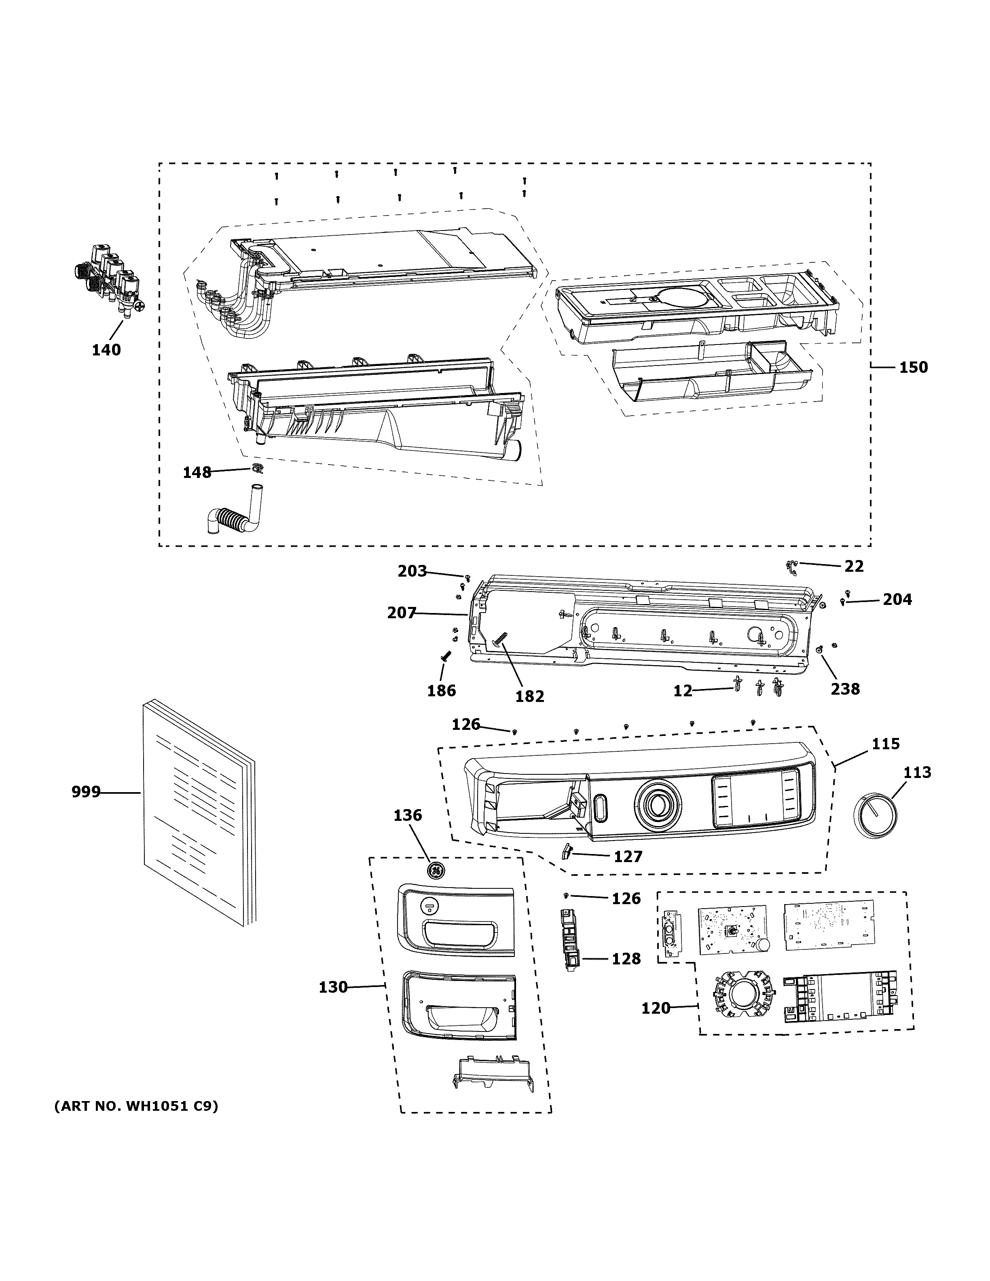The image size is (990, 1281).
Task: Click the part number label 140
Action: pos(106,350)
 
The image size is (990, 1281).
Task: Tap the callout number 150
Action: pos(914,368)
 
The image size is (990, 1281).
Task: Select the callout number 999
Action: pos(86,793)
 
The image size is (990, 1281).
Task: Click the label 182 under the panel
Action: pos(530,696)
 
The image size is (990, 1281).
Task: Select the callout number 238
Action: pos(845,689)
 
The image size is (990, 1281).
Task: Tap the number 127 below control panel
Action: pos(628,857)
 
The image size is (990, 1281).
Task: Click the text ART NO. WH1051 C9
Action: pos(136,1106)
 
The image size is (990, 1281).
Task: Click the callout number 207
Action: pos(401,613)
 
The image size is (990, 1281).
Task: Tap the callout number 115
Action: pos(885,744)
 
